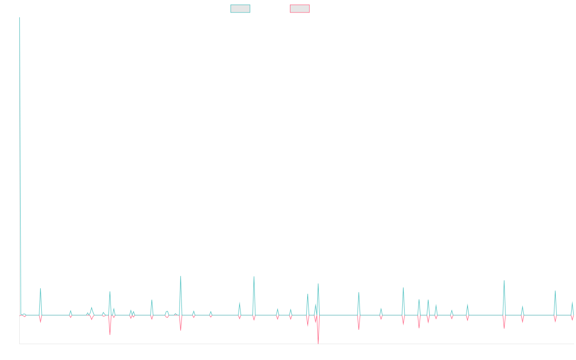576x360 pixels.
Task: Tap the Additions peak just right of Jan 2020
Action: tap(180, 276)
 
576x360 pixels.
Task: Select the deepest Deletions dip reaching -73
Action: tap(318, 343)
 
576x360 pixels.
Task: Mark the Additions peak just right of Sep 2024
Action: tap(504, 280)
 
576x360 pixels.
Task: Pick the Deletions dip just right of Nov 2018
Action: tap(110, 334)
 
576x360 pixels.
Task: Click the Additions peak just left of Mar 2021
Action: tap(254, 276)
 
